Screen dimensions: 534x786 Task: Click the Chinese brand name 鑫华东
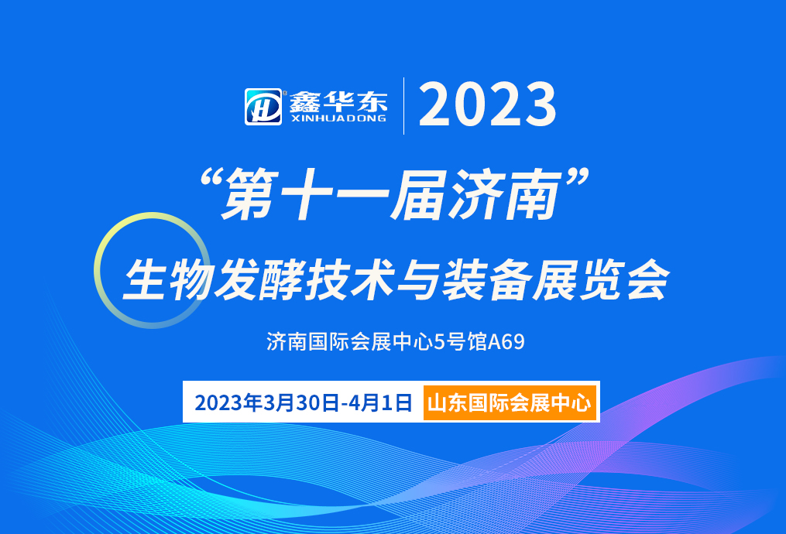[x=338, y=101]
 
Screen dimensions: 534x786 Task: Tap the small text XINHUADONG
[x=338, y=118]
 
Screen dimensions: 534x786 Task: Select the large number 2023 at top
[x=488, y=105]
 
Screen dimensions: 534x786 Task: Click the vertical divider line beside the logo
[x=403, y=106]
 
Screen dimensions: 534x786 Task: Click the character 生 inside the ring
[x=145, y=280]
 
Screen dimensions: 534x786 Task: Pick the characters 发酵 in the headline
[x=256, y=280]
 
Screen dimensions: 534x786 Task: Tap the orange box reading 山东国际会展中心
[x=510, y=403]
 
